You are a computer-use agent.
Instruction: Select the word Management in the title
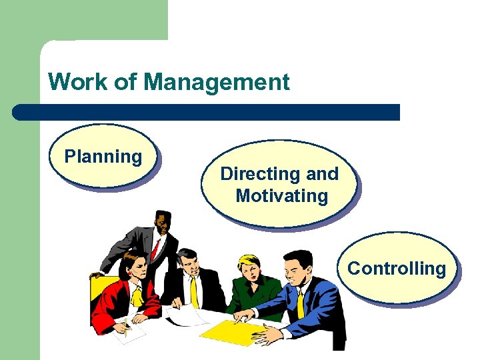[x=217, y=82]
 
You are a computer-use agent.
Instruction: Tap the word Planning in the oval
[x=103, y=157]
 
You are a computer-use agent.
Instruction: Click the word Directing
[x=252, y=174]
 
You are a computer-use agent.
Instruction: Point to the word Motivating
[x=281, y=196]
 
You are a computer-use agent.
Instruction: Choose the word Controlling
[x=397, y=269]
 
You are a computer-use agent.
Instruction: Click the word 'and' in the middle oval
[x=323, y=174]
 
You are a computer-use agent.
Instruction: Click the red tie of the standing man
[x=155, y=250]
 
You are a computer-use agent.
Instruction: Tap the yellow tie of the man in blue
[x=301, y=304]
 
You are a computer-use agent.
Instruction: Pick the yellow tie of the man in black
[x=194, y=291]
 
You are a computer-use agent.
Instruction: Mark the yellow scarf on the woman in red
[x=137, y=294]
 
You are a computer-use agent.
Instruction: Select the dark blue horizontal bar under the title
[x=207, y=111]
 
